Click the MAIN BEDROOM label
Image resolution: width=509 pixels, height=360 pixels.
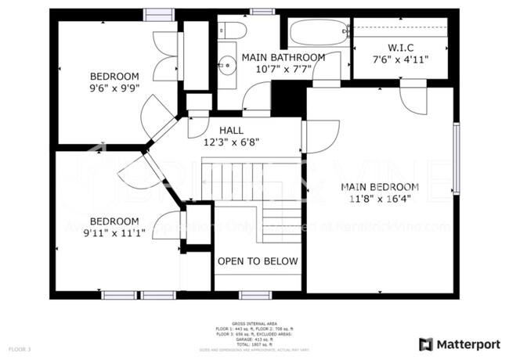[379, 187]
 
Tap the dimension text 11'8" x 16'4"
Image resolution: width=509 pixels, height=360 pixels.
[379, 199]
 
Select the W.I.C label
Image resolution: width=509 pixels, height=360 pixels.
[399, 46]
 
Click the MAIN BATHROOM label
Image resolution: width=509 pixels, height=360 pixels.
[283, 57]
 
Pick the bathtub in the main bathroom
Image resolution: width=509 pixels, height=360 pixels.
[319, 34]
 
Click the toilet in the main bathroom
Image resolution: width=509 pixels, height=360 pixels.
[232, 31]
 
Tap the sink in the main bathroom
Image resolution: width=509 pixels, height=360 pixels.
[228, 64]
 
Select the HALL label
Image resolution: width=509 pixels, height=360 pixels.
[231, 131]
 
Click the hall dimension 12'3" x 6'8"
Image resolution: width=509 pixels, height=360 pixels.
[231, 142]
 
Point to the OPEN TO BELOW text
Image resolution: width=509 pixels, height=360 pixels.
[258, 261]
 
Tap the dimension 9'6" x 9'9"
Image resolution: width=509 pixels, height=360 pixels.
[114, 88]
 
